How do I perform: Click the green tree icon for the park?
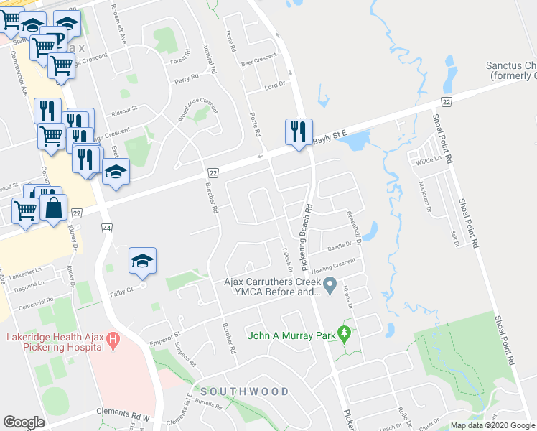click(345, 334)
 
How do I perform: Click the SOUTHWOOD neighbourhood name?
click(245, 391)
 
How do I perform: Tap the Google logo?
click(24, 422)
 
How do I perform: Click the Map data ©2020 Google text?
click(492, 425)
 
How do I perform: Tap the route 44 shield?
click(106, 228)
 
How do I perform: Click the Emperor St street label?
click(164, 334)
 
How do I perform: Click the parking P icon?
click(60, 40)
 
